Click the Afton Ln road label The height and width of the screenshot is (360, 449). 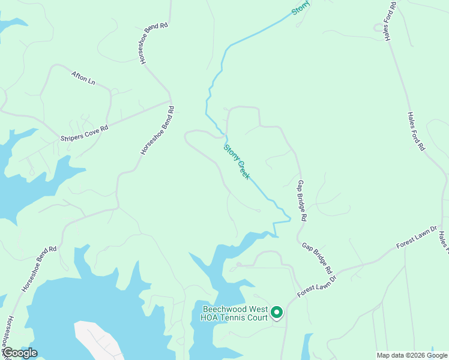point(83,78)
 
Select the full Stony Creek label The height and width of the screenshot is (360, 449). point(237,161)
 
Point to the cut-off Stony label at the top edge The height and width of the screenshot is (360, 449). point(301,7)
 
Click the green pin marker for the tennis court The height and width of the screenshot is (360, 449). point(277,312)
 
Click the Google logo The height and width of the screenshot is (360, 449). point(20,353)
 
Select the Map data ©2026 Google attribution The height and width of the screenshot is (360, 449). point(412,355)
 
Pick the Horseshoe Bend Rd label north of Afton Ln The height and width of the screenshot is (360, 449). point(154,44)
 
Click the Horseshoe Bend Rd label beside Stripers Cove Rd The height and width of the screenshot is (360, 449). point(157,131)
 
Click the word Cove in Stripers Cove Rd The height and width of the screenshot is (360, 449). point(88,131)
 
